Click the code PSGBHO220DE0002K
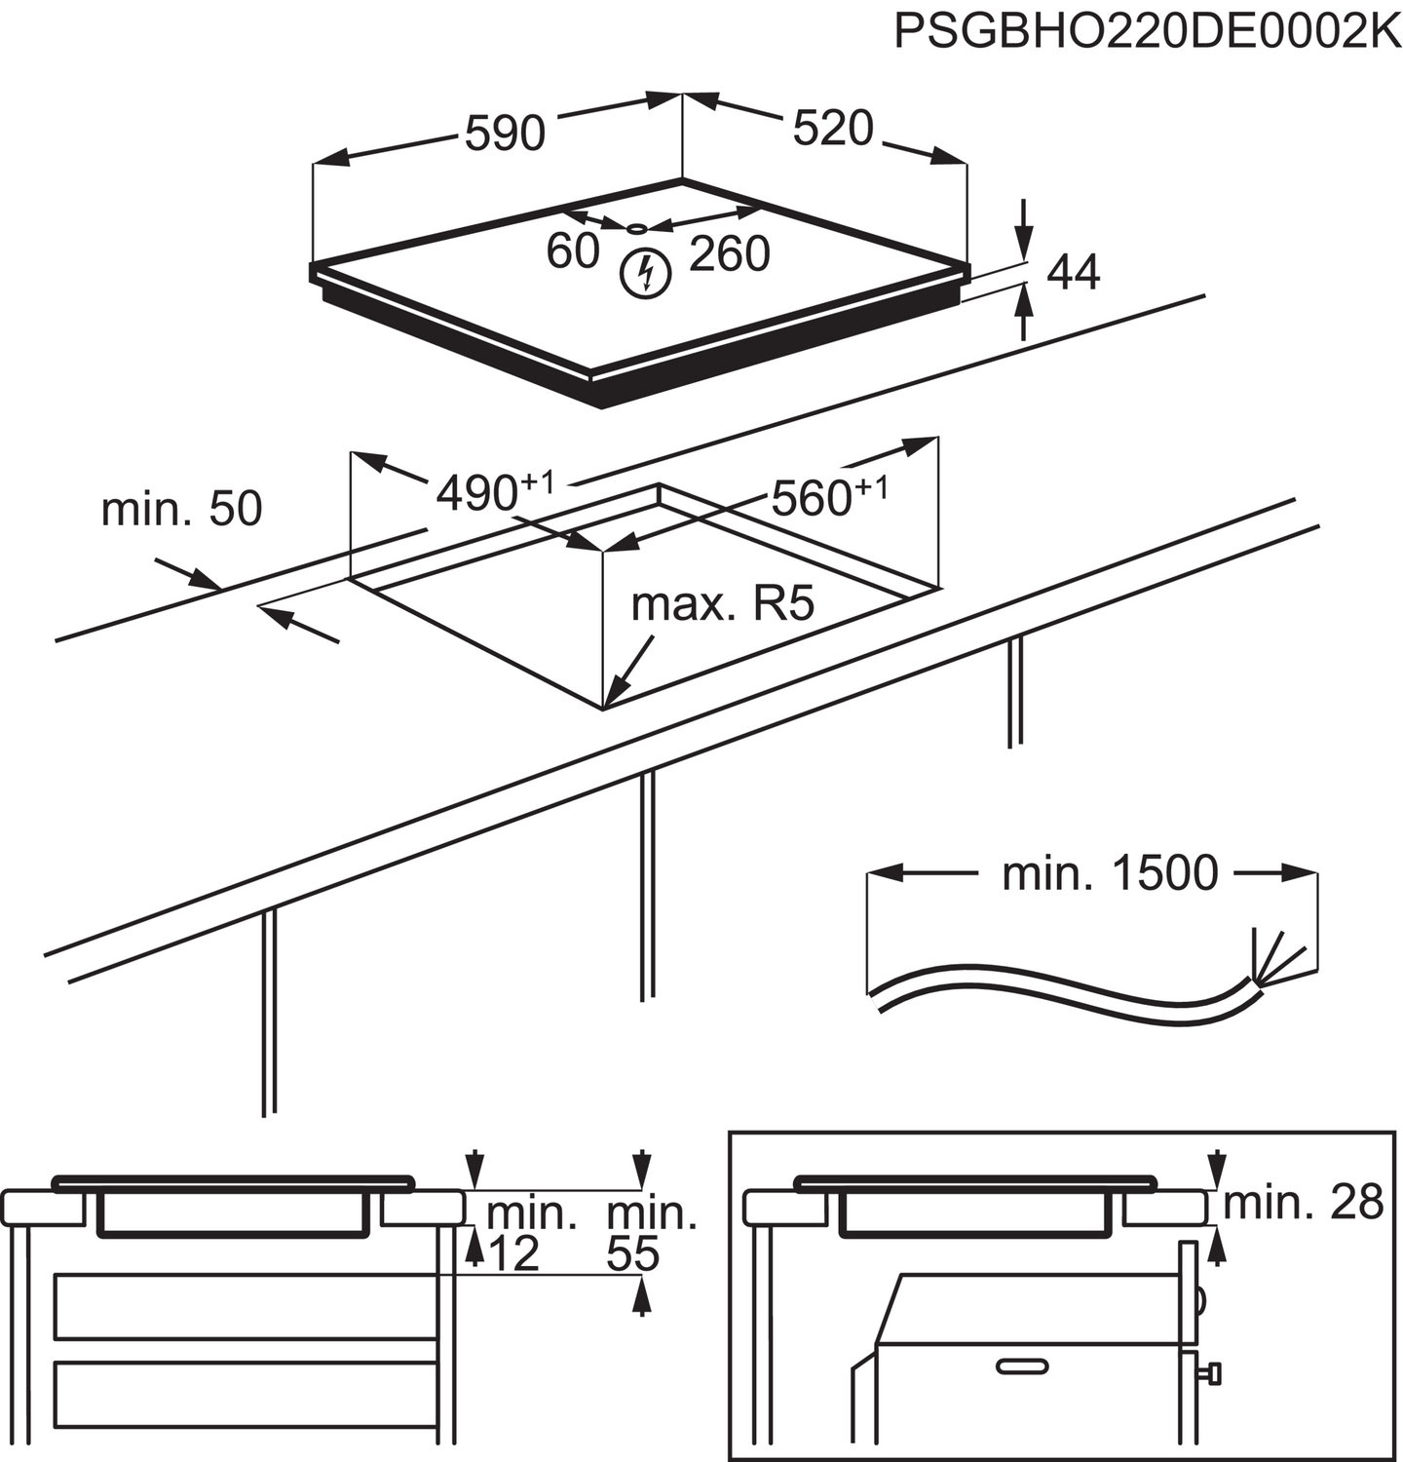click(1146, 31)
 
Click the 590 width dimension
click(504, 134)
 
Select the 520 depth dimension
click(832, 129)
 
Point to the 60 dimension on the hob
click(572, 250)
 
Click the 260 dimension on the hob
click(729, 254)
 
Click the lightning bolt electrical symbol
click(646, 273)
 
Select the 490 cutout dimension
click(493, 492)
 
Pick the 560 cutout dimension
click(828, 497)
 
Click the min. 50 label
click(181, 509)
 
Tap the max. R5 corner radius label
click(722, 604)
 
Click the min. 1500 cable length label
click(1109, 873)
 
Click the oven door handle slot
click(1021, 1365)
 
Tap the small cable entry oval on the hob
click(636, 228)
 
